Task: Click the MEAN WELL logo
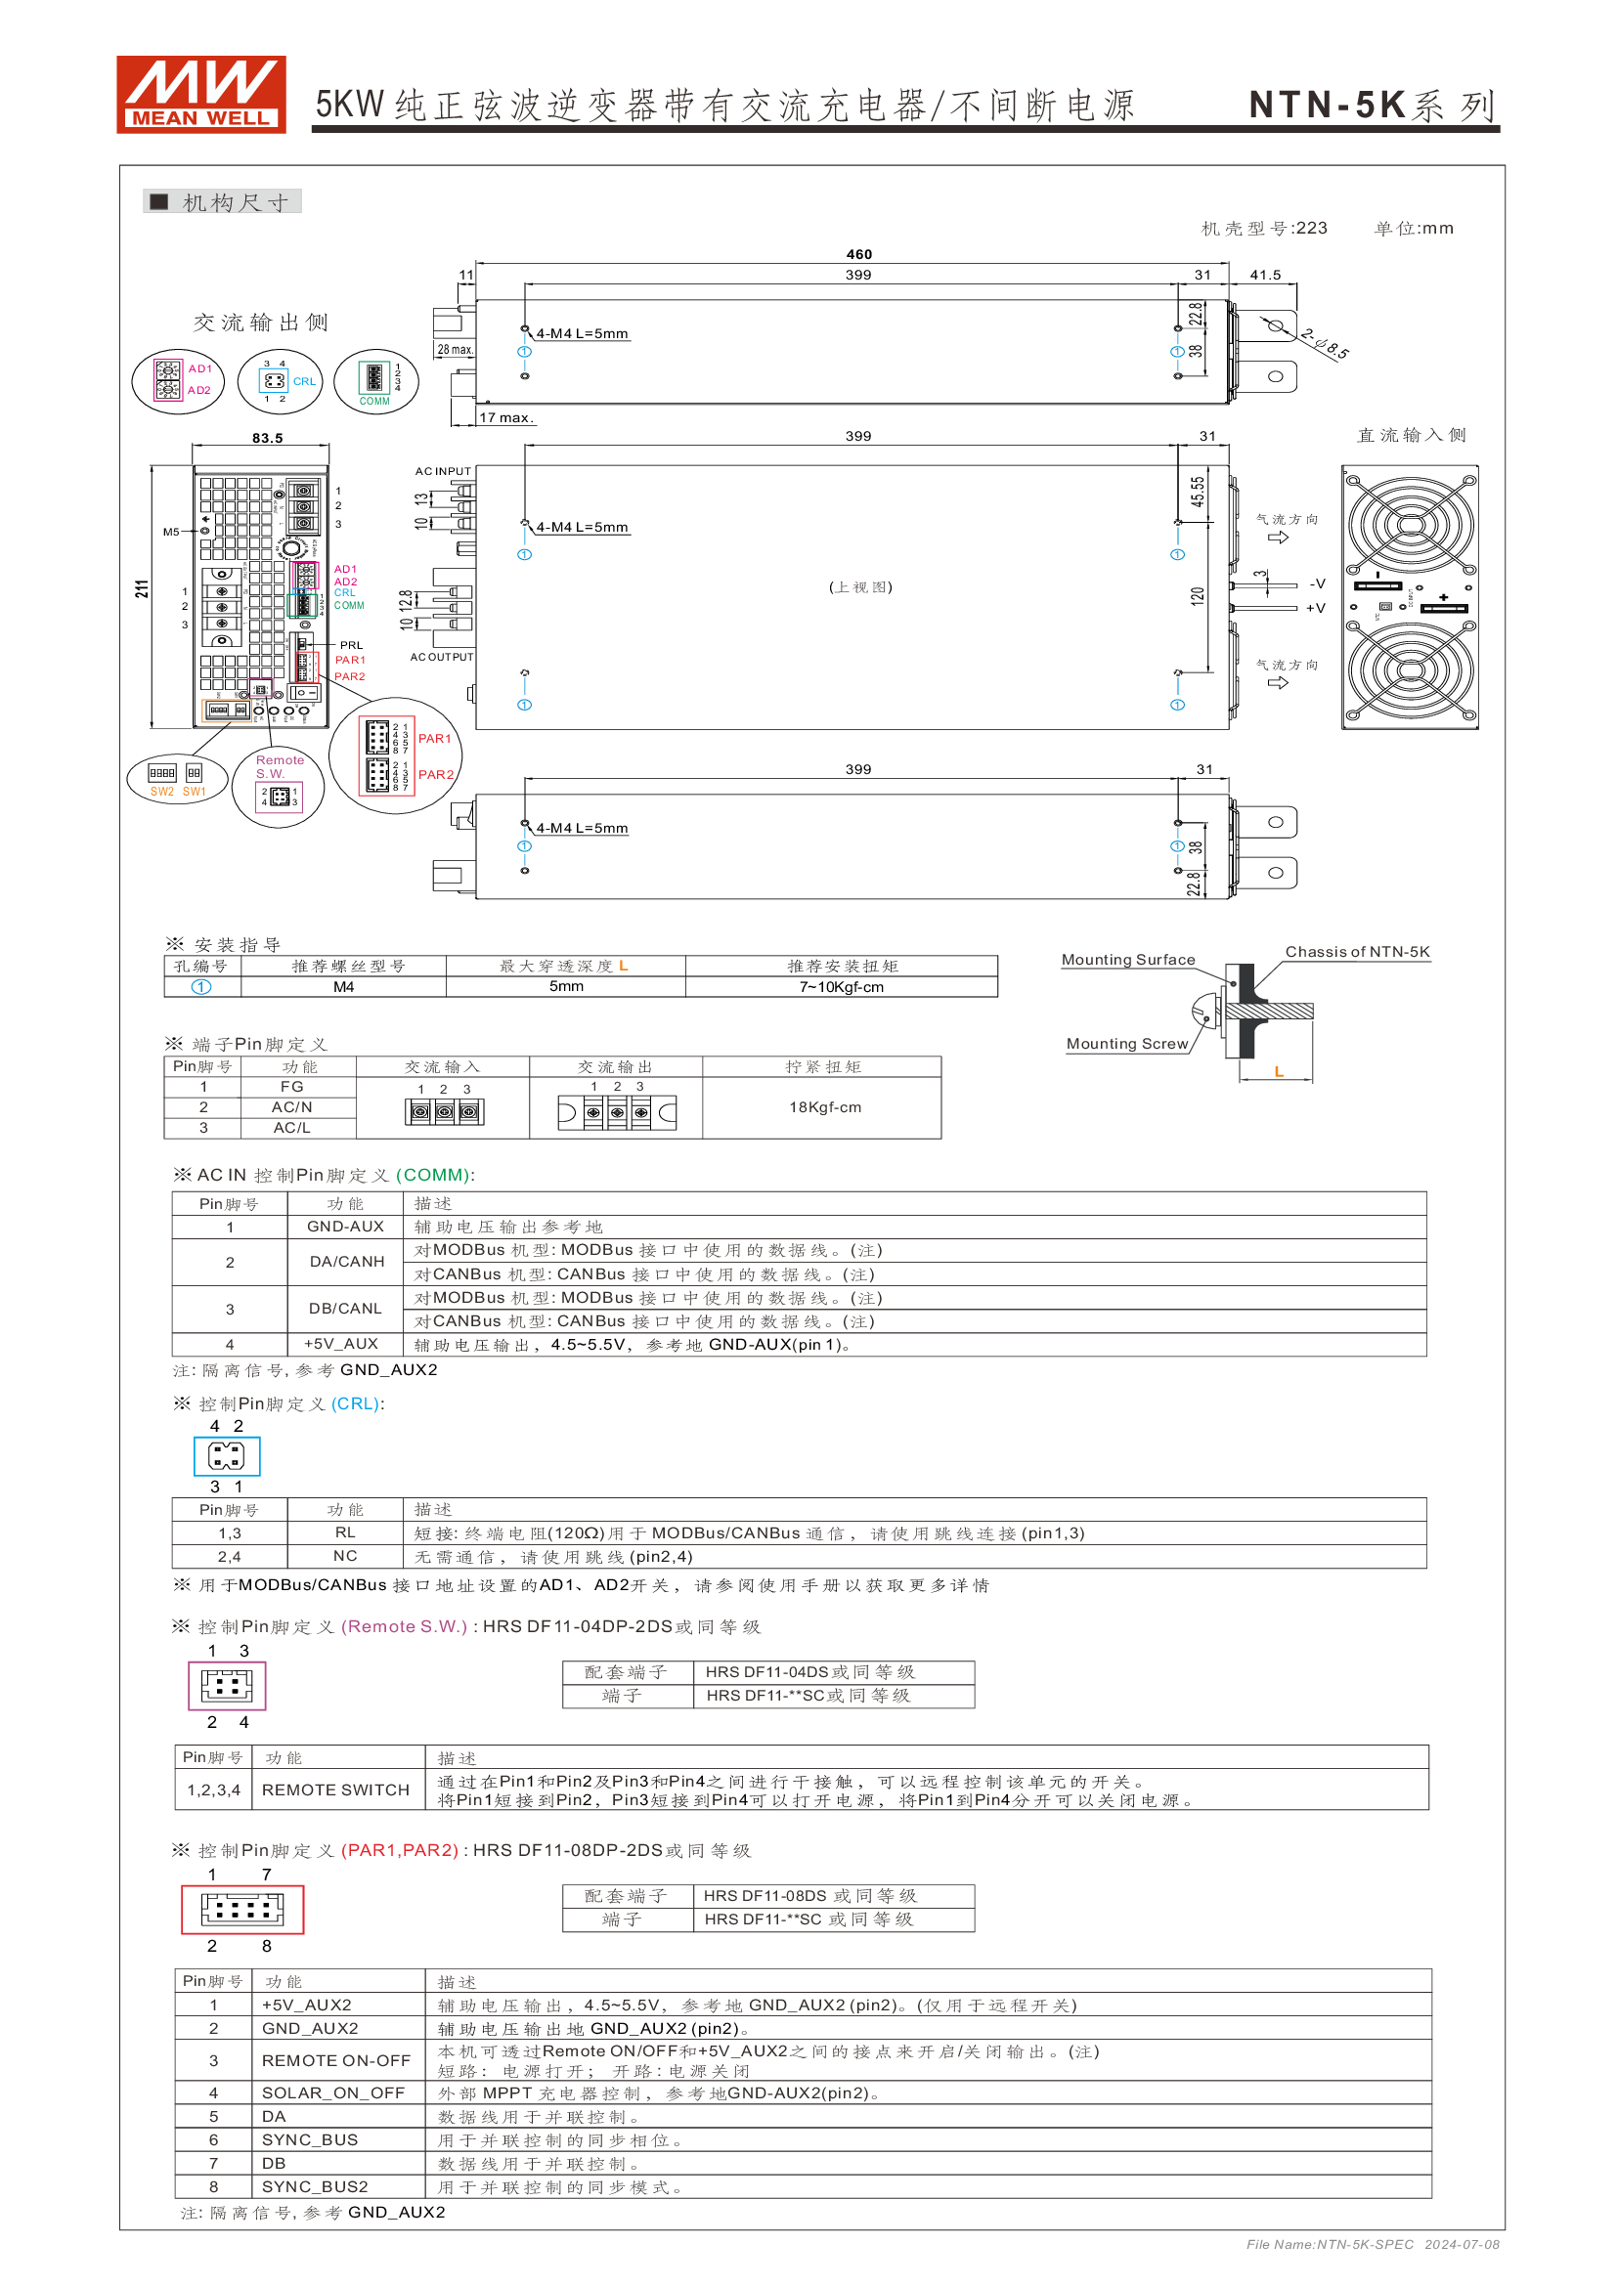[201, 95]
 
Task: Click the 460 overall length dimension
[858, 255]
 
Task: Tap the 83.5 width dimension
[267, 438]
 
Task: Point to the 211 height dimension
[143, 588]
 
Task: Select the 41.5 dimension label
[1264, 275]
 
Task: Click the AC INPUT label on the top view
[442, 471]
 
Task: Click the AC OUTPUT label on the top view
[441, 657]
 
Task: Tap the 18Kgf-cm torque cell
[824, 1107]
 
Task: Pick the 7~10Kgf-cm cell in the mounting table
[841, 987]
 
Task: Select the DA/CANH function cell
[346, 1262]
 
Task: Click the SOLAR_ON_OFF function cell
[332, 2092]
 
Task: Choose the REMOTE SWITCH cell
[335, 1790]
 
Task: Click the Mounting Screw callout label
[1127, 1044]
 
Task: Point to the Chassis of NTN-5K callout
[1356, 952]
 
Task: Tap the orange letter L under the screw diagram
[1279, 1071]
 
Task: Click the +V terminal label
[1315, 608]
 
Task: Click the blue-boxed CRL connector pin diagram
[227, 1456]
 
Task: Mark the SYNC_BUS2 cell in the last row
[315, 2186]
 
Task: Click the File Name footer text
[1372, 2244]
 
